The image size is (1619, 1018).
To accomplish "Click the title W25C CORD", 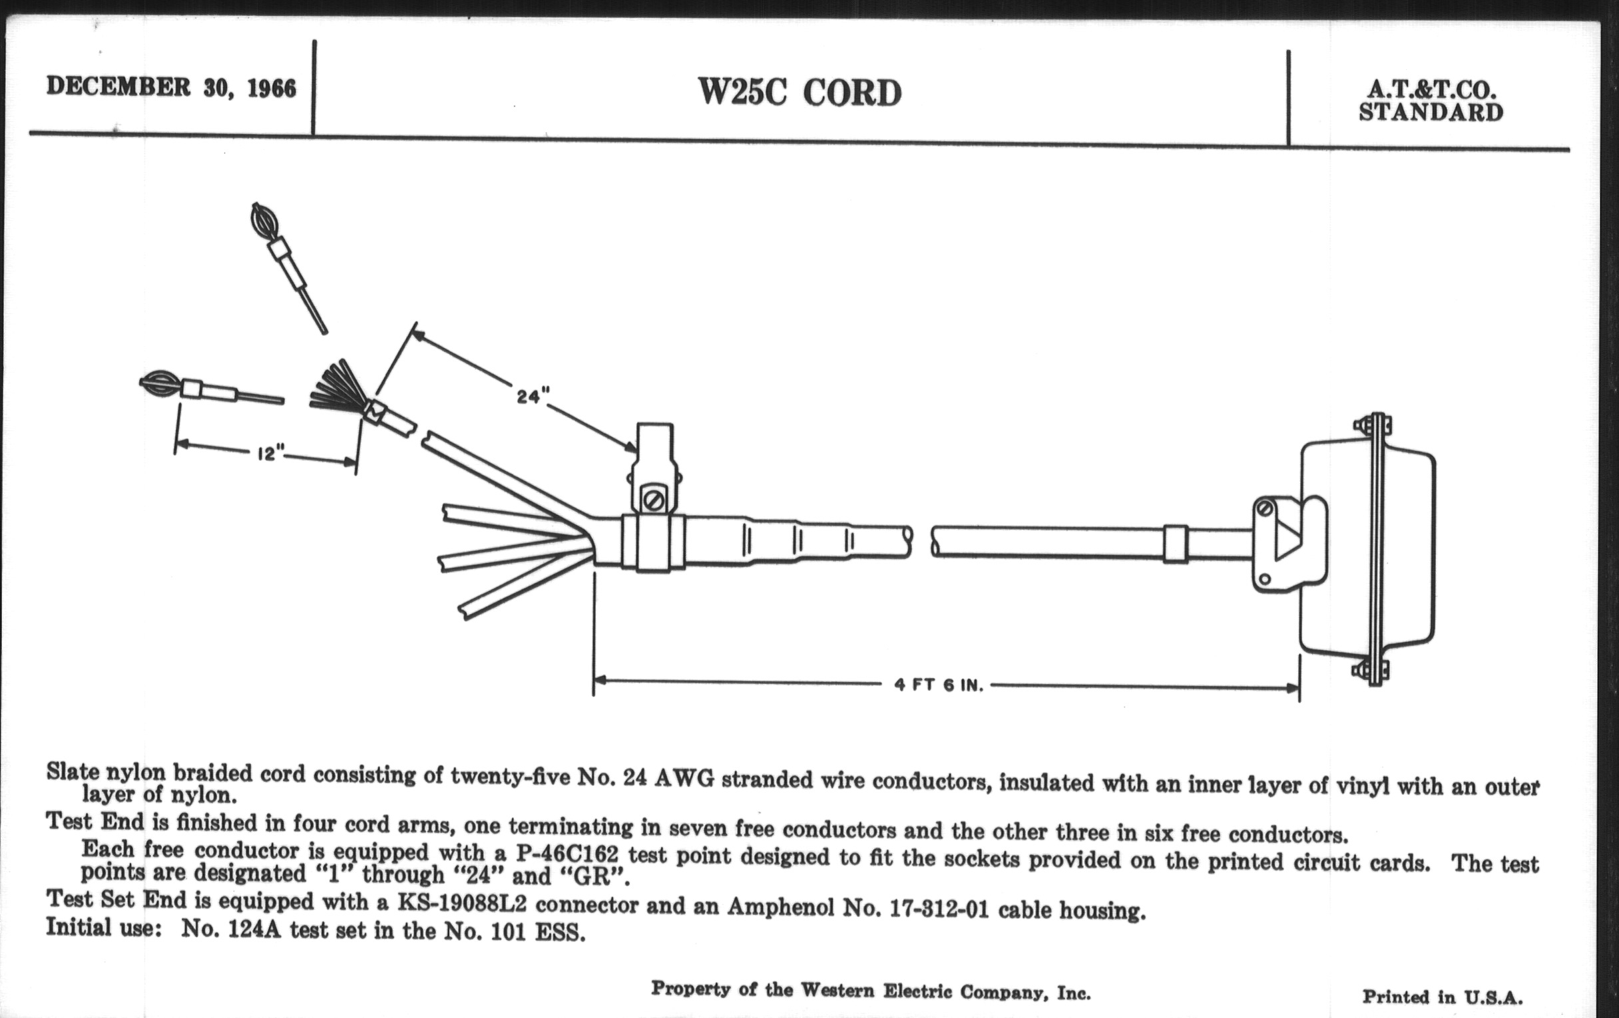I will click(x=800, y=92).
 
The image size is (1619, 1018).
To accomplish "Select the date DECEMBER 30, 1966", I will click(x=171, y=87).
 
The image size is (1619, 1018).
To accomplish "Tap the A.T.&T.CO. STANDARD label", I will click(x=1431, y=100).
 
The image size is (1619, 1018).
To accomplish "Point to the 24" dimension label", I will click(x=529, y=397).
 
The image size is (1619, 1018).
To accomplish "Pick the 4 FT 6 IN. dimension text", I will click(x=939, y=685).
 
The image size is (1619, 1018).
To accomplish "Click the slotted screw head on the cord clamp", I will click(x=654, y=500).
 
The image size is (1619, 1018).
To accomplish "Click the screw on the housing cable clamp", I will click(x=1265, y=508).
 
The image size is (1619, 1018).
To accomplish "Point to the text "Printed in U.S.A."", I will click(x=1442, y=997).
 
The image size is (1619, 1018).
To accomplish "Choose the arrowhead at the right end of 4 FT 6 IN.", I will click(x=1293, y=687).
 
